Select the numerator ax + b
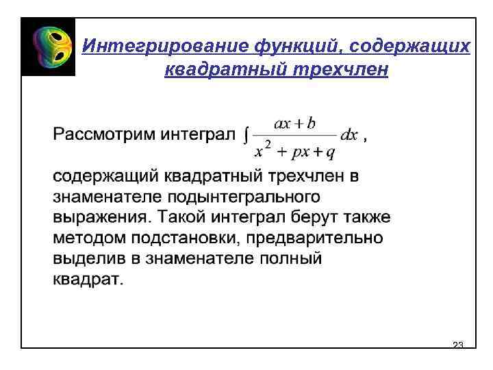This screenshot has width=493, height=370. (x=294, y=123)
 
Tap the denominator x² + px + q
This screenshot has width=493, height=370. (x=294, y=147)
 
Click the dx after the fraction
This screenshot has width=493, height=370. (x=349, y=135)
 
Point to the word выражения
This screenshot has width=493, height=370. (x=100, y=218)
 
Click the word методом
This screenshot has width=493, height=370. (x=86, y=238)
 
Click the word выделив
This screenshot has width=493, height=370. (x=86, y=259)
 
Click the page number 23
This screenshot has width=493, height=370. (x=459, y=344)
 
